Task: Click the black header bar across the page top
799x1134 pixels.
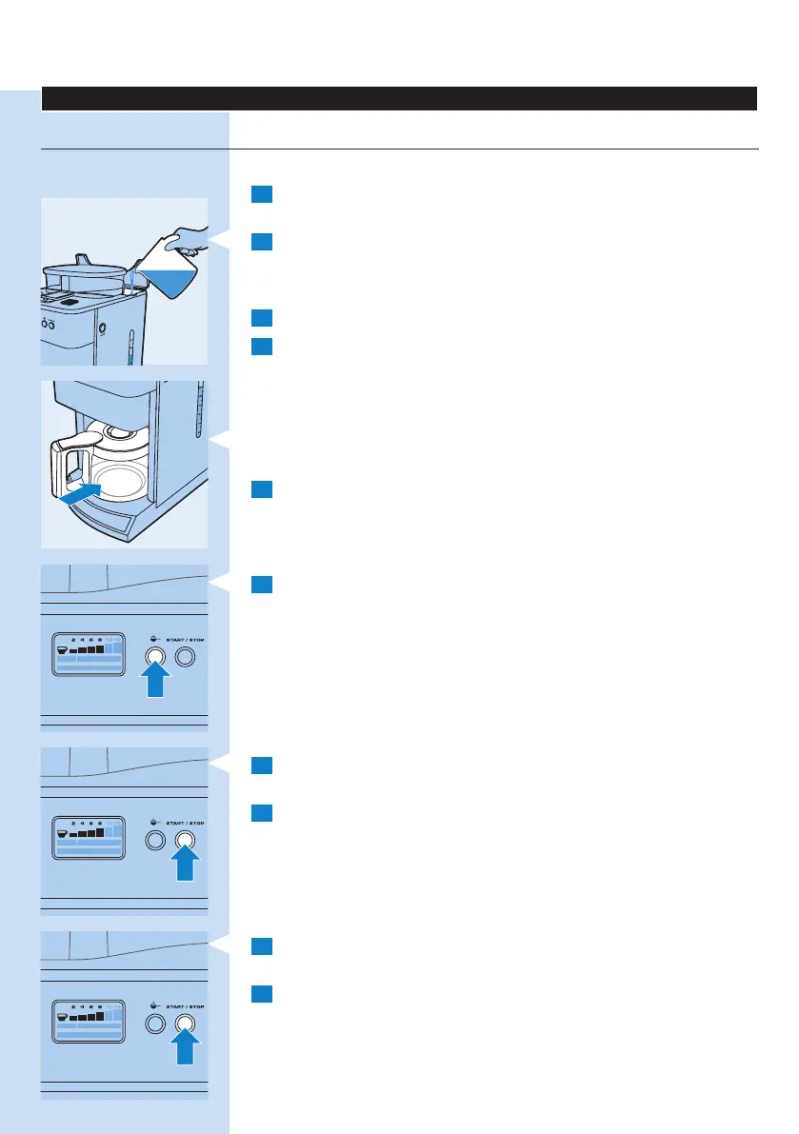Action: tap(399, 99)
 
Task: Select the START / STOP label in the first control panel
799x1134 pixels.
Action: tap(185, 640)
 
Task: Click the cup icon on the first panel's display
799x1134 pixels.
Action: tap(62, 651)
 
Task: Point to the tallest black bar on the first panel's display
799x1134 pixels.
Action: tap(99, 649)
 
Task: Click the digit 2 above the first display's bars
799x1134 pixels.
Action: tap(74, 640)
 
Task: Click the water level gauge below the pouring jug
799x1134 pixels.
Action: tap(131, 348)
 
